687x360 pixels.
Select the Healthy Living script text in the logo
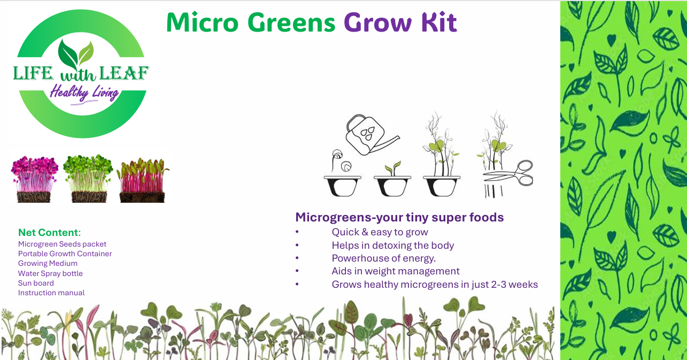[x=84, y=93]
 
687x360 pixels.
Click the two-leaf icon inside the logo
[x=76, y=53]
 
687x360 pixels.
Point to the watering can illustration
[x=368, y=134]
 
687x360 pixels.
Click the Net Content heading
[x=49, y=233]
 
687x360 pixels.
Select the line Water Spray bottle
[x=50, y=273]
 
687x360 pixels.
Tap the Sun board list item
[x=36, y=283]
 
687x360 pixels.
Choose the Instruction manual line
[x=51, y=293]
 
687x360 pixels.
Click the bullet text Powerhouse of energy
[x=383, y=258]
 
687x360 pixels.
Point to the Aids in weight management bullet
[x=395, y=271]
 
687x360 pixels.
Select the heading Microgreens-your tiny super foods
[x=399, y=217]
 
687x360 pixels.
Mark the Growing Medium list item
[x=48, y=263]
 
